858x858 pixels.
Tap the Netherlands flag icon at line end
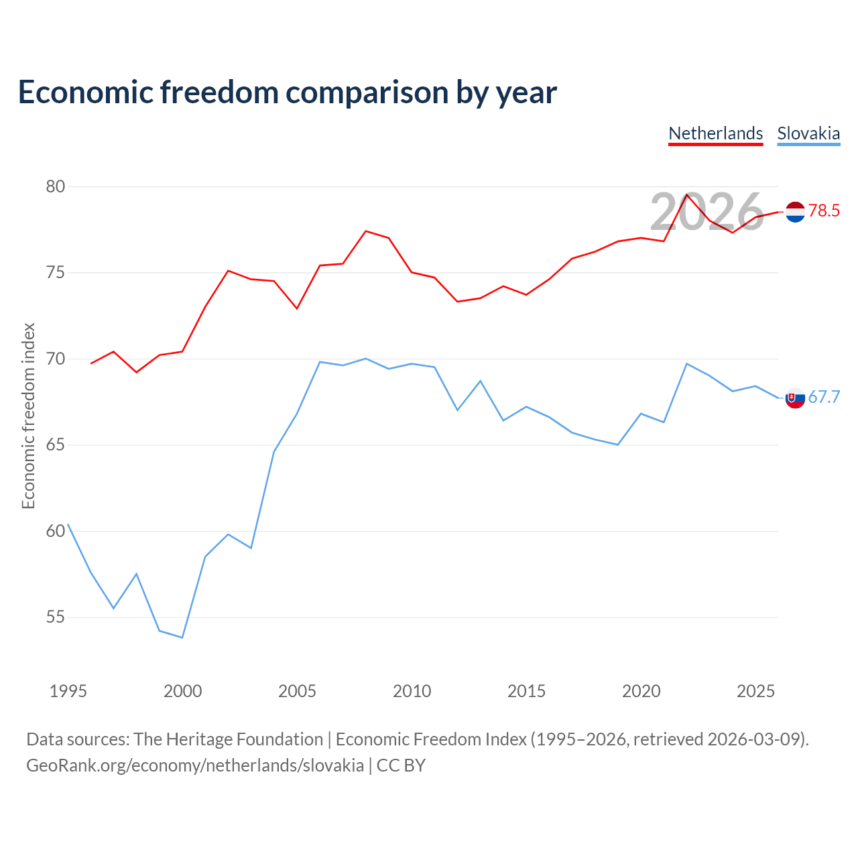point(795,212)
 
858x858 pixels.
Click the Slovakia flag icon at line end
point(795,398)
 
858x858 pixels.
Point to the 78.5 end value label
point(824,210)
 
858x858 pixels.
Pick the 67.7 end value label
point(824,397)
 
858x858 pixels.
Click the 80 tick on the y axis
point(55,186)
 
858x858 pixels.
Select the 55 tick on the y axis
point(55,617)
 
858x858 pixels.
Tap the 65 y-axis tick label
point(55,445)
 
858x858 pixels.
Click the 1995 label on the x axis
point(68,691)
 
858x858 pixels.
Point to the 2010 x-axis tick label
point(412,691)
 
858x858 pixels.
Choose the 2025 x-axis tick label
point(755,691)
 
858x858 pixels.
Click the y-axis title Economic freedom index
point(29,416)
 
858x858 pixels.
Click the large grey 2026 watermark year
point(707,212)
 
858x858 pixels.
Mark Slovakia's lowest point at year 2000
point(182,637)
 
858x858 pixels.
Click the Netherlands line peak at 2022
point(687,194)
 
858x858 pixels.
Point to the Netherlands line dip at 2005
point(297,308)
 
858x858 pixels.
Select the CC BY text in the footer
point(401,766)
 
